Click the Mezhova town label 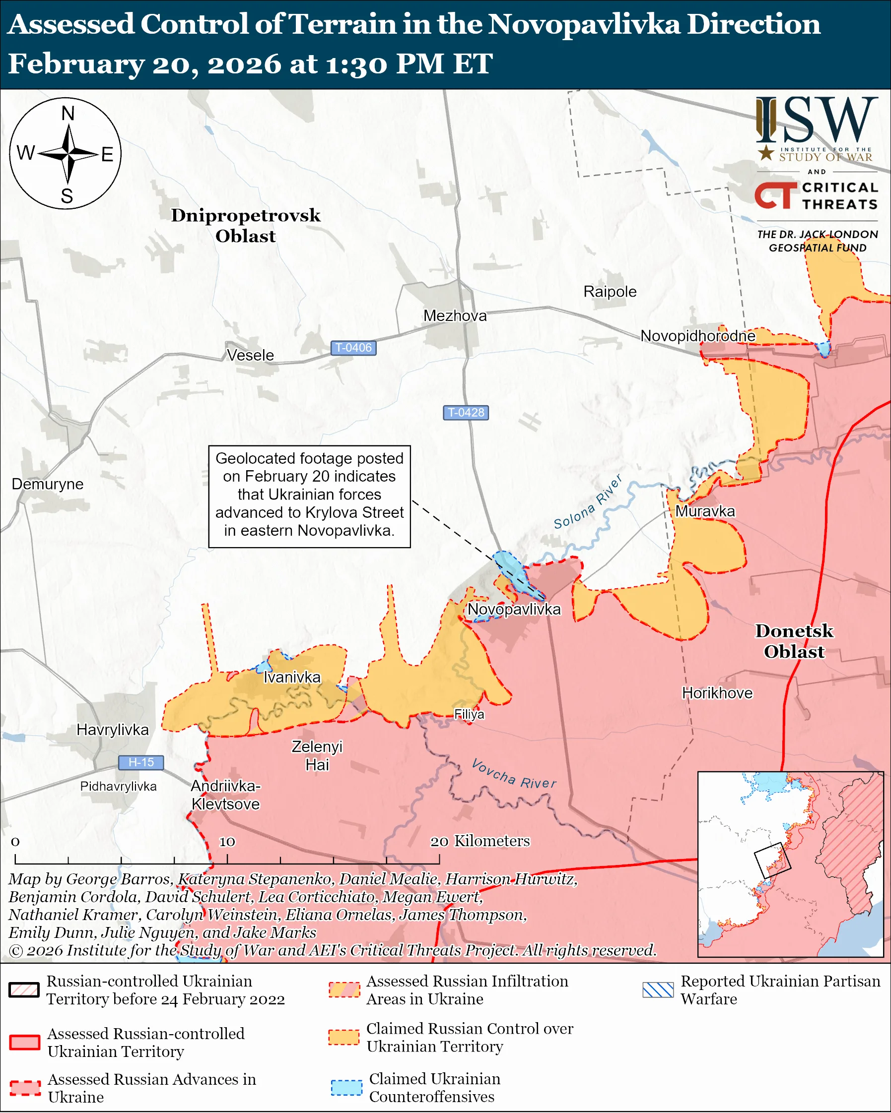[455, 315]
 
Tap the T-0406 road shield [353, 348]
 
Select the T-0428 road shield [466, 413]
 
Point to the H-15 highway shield [140, 762]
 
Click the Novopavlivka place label [514, 609]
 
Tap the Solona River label [588, 502]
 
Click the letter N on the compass [68, 113]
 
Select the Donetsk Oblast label [794, 641]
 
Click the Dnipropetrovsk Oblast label [245, 226]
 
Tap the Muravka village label [704, 511]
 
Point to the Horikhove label [717, 693]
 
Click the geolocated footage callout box [309, 496]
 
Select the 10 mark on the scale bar [227, 842]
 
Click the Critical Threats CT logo [775, 195]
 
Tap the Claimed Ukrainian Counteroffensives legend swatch [346, 1087]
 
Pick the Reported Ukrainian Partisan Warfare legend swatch [658, 989]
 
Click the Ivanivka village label [292, 678]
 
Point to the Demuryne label [48, 484]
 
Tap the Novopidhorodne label [697, 336]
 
